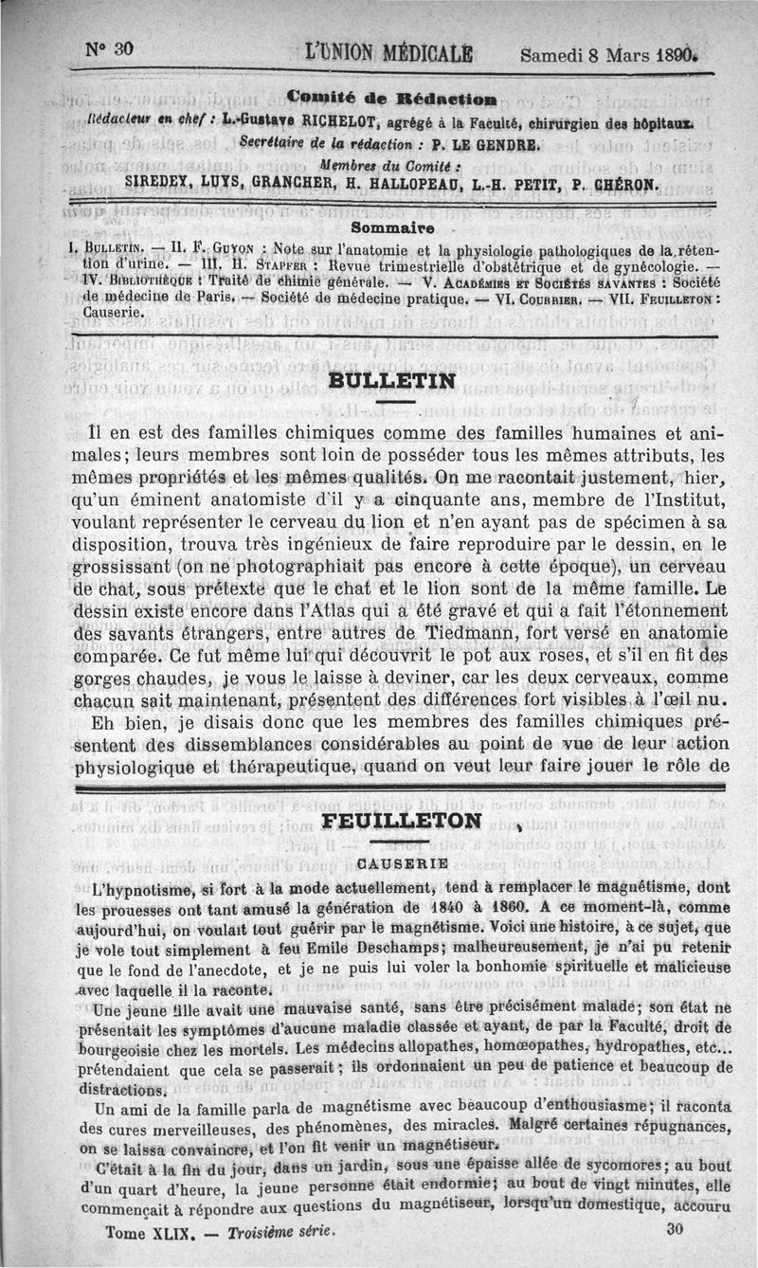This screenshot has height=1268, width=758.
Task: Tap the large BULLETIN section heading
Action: [x=389, y=381]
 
